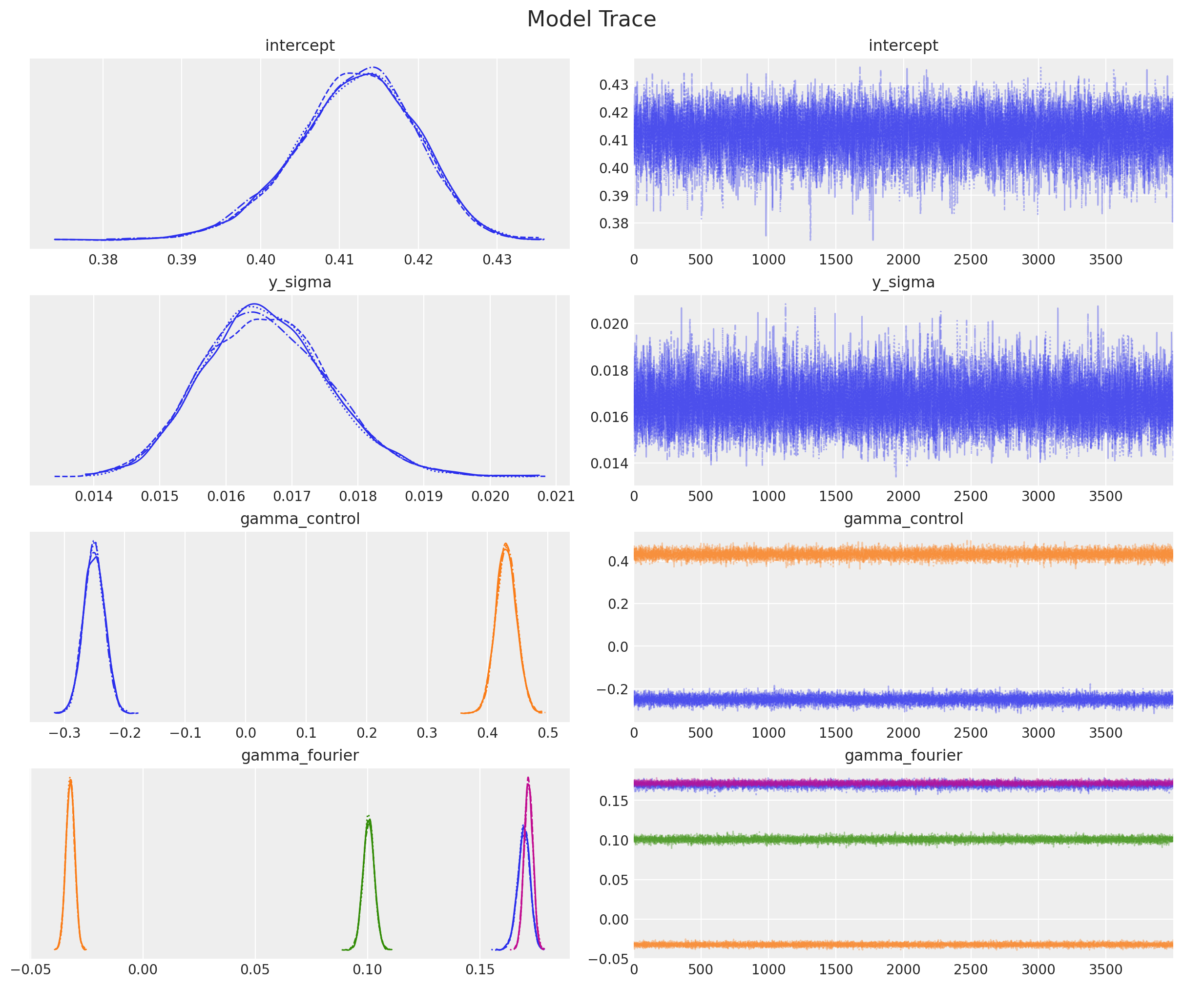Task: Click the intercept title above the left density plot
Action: coord(300,45)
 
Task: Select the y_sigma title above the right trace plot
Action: coord(903,282)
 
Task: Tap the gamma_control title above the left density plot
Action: coord(300,518)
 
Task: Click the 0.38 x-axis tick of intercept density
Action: coord(103,260)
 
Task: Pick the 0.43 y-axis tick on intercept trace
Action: coord(613,85)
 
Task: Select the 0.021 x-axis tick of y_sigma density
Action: coord(556,496)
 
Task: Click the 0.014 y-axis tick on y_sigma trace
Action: coord(609,463)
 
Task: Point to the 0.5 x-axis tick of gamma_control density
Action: coord(548,732)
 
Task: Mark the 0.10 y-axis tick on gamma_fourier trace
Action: coord(613,840)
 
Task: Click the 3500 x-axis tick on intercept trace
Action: coord(1106,260)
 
